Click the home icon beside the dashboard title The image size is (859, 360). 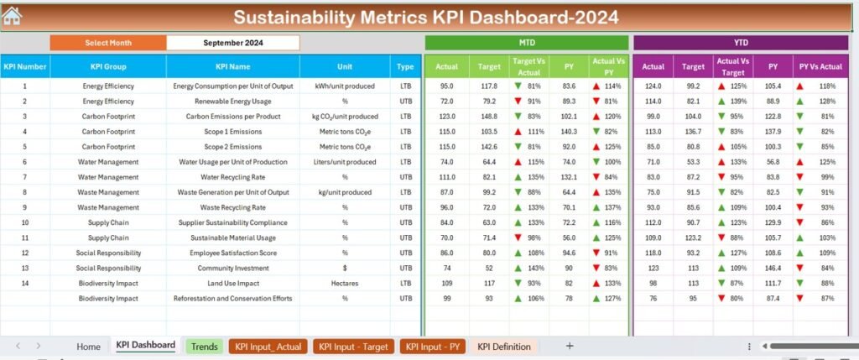coord(13,16)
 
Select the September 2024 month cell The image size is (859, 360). coord(232,42)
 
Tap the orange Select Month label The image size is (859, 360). coord(107,42)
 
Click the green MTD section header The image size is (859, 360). coord(527,42)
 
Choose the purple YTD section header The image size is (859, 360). coord(742,42)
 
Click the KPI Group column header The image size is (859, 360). coord(107,66)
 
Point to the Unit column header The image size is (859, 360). coord(345,66)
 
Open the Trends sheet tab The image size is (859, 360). coord(204,346)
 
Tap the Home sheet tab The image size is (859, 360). coord(88,346)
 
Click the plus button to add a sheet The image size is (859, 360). coord(570,346)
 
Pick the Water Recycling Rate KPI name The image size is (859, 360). coord(233,177)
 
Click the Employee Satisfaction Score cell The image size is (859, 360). coord(233,253)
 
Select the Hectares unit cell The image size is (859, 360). coord(345,283)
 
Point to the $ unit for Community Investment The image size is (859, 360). coord(345,268)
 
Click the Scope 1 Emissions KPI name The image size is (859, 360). coord(233,132)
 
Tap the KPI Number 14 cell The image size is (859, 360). coord(24,283)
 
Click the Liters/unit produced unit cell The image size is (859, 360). coord(345,162)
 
